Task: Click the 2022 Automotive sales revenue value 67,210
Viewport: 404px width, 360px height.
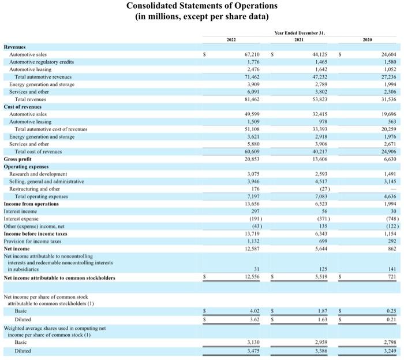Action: pyautogui.click(x=252, y=54)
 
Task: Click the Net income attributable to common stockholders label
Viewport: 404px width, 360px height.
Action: pyautogui.click(x=59, y=278)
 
